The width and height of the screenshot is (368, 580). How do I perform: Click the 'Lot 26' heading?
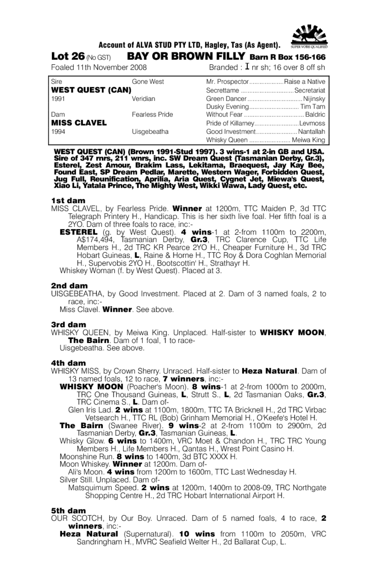[68, 56]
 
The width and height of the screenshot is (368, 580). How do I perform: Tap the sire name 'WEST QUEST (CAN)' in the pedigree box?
[91, 90]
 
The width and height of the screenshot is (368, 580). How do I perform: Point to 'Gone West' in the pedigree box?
[148, 82]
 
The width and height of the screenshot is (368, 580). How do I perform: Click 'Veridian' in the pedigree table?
[143, 98]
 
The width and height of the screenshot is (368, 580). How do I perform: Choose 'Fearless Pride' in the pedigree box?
[152, 115]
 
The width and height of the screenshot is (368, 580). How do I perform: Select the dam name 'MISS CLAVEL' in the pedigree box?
[79, 123]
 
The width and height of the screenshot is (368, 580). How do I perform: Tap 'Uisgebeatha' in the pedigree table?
[150, 131]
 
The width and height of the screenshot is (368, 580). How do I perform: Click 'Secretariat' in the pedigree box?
[310, 90]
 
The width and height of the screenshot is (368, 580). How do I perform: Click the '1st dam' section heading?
[68, 201]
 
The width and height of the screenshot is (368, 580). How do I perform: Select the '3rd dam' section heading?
[68, 325]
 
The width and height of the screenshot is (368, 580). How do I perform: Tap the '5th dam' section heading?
[68, 511]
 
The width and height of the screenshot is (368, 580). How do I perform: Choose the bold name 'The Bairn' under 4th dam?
[81, 426]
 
